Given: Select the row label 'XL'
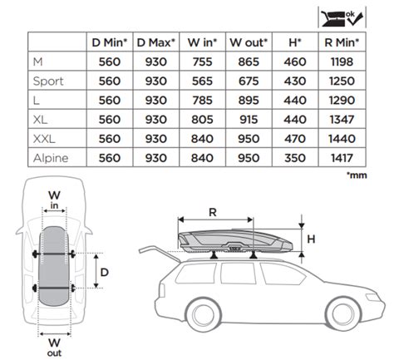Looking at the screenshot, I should (41, 118).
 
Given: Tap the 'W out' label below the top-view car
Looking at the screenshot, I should (54, 345).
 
